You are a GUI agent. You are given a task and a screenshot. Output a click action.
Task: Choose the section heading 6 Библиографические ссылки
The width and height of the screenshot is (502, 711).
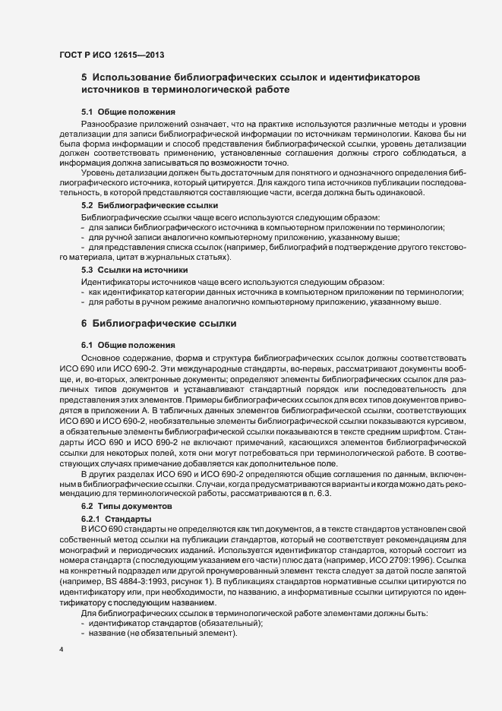(159, 324)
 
